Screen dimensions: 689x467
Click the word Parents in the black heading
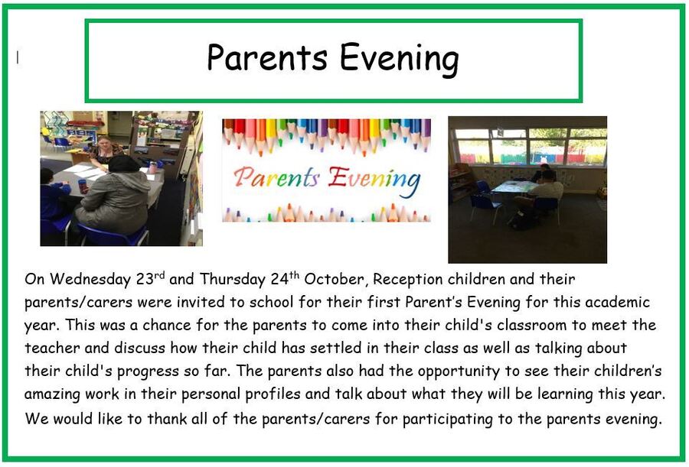(x=267, y=57)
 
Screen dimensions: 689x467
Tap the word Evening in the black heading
(x=400, y=60)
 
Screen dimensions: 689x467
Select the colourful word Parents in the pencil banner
(x=276, y=178)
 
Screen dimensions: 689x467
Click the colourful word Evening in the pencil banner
(x=374, y=180)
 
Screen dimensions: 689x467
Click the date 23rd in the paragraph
(x=150, y=278)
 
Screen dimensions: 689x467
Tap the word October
(x=335, y=279)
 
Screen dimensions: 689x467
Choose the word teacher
(x=52, y=348)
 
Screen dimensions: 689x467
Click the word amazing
(x=52, y=394)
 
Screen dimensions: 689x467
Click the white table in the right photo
(x=513, y=188)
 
